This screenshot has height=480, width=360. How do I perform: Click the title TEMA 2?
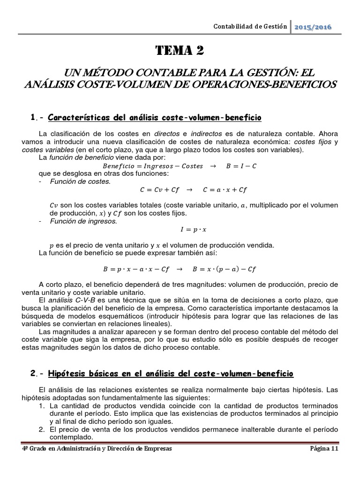click(180, 51)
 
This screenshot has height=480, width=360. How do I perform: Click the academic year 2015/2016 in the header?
click(313, 27)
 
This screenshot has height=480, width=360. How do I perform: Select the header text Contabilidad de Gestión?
click(250, 27)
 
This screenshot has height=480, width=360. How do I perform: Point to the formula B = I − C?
click(241, 165)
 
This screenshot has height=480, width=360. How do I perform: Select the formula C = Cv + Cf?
click(159, 190)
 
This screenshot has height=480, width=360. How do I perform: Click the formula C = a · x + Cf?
click(225, 190)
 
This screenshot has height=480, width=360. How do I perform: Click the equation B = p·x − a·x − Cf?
click(136, 269)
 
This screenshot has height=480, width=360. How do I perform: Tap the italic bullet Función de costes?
click(80, 181)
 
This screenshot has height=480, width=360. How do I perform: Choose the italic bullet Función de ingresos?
click(83, 221)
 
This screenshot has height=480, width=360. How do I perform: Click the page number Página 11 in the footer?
click(324, 448)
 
